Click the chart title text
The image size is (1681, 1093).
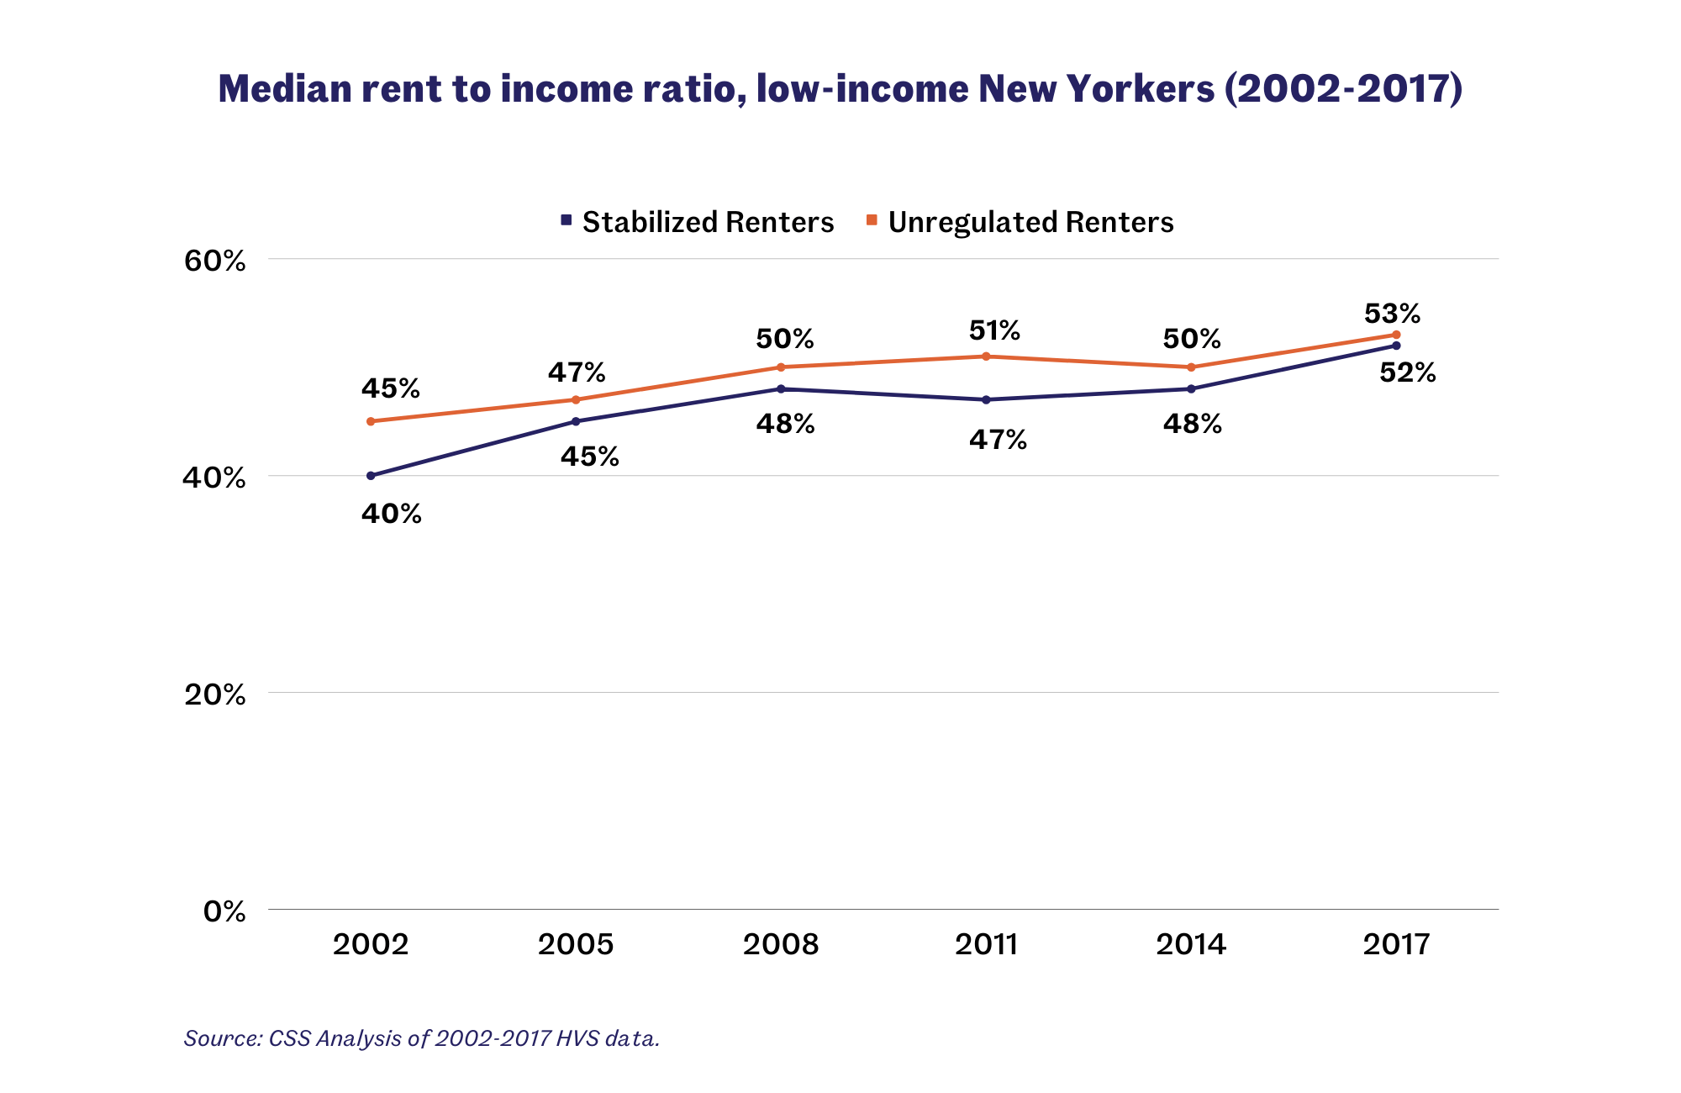[840, 89]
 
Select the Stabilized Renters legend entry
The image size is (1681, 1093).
[698, 222]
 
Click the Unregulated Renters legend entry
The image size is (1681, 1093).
[1020, 222]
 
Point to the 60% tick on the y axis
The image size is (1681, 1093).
[215, 261]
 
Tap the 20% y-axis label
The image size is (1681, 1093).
[215, 694]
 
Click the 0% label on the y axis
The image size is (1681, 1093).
[224, 911]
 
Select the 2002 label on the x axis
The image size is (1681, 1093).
[371, 944]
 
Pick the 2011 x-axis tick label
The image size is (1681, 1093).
[986, 944]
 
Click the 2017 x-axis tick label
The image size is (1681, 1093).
[1396, 944]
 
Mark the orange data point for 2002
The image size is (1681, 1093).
[371, 421]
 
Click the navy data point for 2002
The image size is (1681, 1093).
[371, 476]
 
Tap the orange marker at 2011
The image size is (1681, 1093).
[986, 356]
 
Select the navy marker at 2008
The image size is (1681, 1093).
[781, 389]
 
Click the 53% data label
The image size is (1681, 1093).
[1392, 314]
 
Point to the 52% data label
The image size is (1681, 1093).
[1408, 372]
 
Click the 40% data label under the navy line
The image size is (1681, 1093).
[392, 514]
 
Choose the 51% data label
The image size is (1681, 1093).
[994, 330]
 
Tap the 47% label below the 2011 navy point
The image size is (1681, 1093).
[998, 440]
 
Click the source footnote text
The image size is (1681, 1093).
[422, 1038]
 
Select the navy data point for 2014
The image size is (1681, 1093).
[1191, 389]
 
